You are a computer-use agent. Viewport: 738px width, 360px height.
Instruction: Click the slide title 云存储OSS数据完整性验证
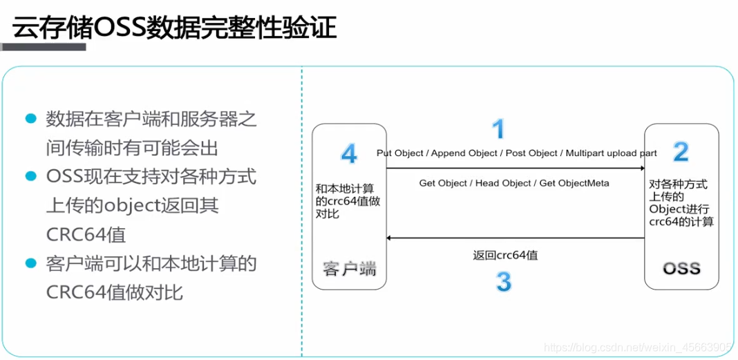coord(175,29)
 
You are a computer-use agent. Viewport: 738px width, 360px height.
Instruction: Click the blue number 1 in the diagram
coord(498,129)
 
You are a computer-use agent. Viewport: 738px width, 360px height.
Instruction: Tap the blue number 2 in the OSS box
coord(681,151)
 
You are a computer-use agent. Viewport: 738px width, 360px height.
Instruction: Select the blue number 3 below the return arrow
coord(504,281)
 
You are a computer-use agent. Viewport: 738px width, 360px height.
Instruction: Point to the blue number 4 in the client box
coord(349,154)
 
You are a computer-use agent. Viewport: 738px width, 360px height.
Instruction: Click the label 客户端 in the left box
coord(349,269)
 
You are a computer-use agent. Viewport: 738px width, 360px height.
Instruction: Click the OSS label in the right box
coord(681,268)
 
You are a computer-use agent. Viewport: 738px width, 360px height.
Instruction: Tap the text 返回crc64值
coord(506,255)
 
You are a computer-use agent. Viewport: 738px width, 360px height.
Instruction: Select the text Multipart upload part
coord(612,153)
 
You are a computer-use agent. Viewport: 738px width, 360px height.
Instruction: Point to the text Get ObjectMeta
coord(574,183)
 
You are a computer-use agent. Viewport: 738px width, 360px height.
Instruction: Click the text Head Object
coord(502,183)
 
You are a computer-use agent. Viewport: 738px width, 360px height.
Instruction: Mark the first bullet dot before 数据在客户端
coord(30,117)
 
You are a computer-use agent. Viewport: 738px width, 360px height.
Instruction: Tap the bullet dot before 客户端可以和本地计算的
coord(30,263)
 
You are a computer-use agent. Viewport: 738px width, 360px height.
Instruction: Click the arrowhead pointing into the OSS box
coord(641,168)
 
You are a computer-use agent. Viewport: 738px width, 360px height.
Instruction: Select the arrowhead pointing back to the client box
coord(390,238)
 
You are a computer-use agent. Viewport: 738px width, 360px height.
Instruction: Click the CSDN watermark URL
coord(637,348)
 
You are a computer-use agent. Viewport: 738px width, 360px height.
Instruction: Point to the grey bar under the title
coord(43,47)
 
